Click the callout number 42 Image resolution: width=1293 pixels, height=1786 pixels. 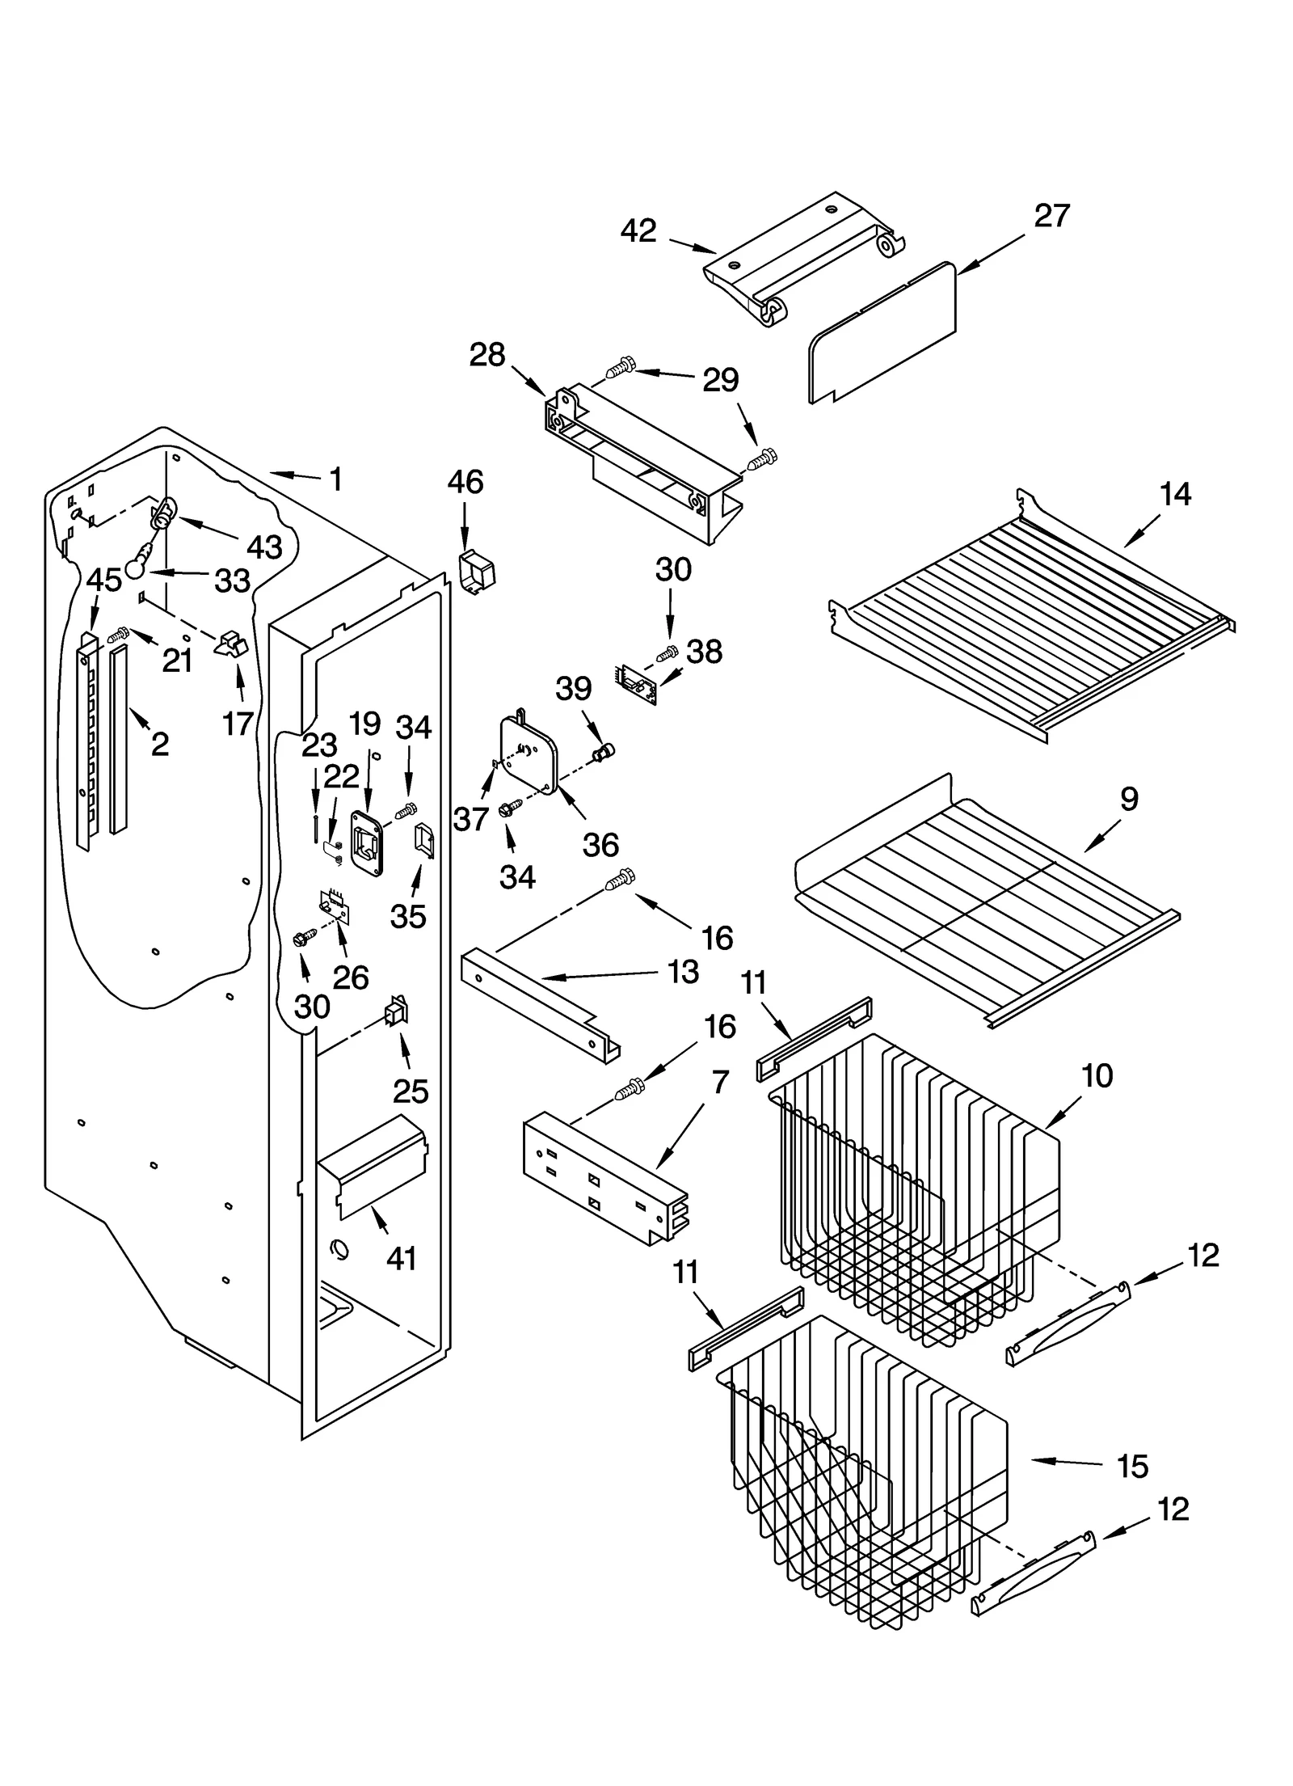[638, 231]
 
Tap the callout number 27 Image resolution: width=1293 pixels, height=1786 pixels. [1051, 216]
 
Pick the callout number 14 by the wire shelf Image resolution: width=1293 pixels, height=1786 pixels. [1175, 494]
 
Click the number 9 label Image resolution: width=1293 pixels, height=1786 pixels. [1129, 799]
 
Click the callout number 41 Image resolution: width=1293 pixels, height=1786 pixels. [402, 1258]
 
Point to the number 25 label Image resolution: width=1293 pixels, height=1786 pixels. [411, 1091]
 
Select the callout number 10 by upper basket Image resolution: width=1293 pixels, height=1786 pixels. [1097, 1076]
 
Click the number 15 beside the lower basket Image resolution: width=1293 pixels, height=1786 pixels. [1132, 1466]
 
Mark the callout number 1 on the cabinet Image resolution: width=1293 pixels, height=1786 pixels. [336, 479]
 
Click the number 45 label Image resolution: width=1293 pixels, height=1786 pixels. [104, 580]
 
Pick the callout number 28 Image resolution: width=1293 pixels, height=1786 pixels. [487, 355]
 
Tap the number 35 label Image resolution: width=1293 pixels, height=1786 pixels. [408, 916]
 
